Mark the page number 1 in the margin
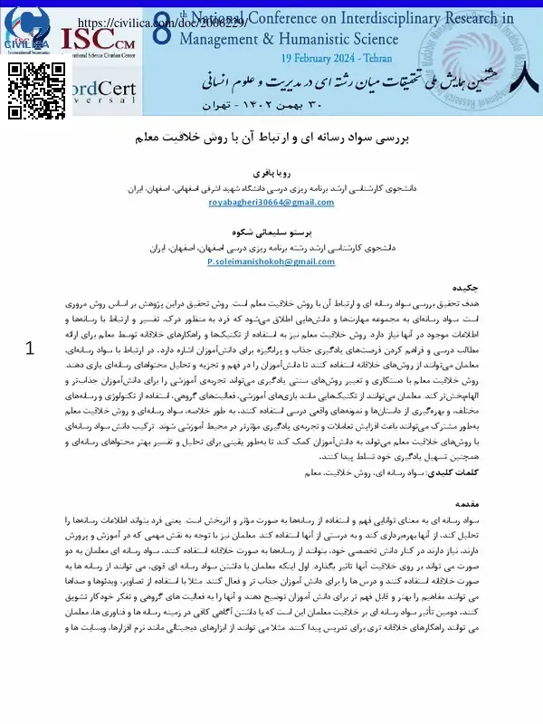pyautogui.click(x=31, y=349)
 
